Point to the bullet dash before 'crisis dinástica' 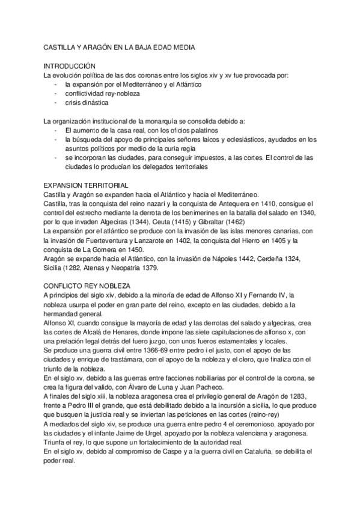[x=55, y=102]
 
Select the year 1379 [x=154, y=269]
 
